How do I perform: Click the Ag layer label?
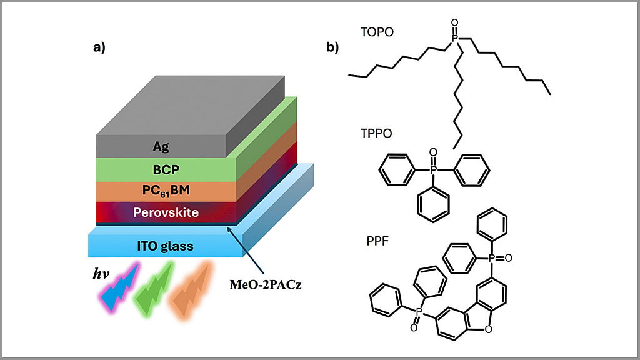point(161,146)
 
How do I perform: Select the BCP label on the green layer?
point(166,169)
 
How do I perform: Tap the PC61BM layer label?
point(166,191)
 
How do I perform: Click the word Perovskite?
point(166,212)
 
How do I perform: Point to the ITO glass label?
point(165,246)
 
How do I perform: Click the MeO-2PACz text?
point(265,284)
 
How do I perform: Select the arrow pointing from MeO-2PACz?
point(246,250)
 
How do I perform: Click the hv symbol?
point(101,273)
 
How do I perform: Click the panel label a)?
point(99,47)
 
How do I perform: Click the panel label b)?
point(332,47)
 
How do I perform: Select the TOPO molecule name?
point(377,32)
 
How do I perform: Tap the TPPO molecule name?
point(376,133)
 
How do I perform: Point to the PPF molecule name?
point(377,241)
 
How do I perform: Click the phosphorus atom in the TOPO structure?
point(455,38)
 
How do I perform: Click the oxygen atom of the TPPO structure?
point(434,152)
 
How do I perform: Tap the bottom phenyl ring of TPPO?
point(434,204)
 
